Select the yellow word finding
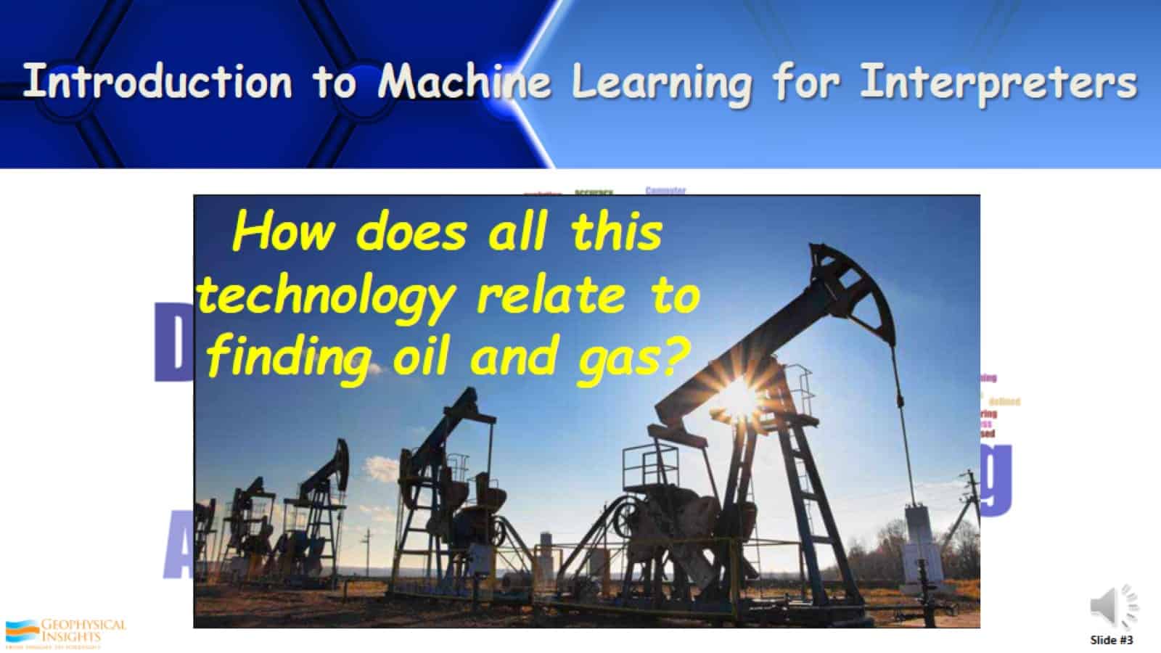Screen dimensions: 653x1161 pyautogui.click(x=290, y=358)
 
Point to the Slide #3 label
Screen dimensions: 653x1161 pyautogui.click(x=1111, y=640)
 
